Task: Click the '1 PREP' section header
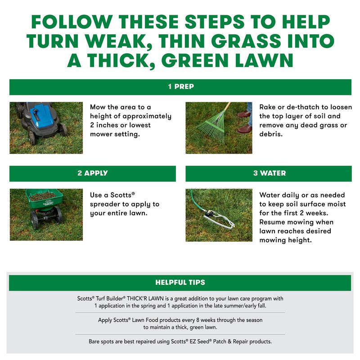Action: click(180, 87)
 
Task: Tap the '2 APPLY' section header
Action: click(92, 173)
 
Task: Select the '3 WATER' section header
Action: click(269, 173)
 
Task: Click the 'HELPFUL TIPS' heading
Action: click(180, 283)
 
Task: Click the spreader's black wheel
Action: click(35, 220)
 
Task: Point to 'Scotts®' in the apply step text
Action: click(123, 195)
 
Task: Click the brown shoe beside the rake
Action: click(245, 130)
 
